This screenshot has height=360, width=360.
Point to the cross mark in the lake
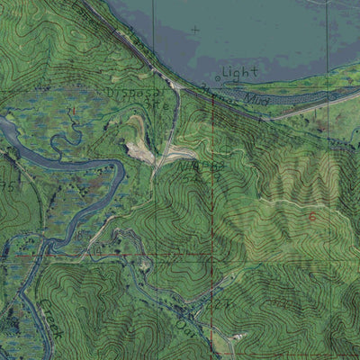[x=194, y=30]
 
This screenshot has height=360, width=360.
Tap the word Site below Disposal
[x=157, y=104]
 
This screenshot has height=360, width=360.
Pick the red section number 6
[x=312, y=217]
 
